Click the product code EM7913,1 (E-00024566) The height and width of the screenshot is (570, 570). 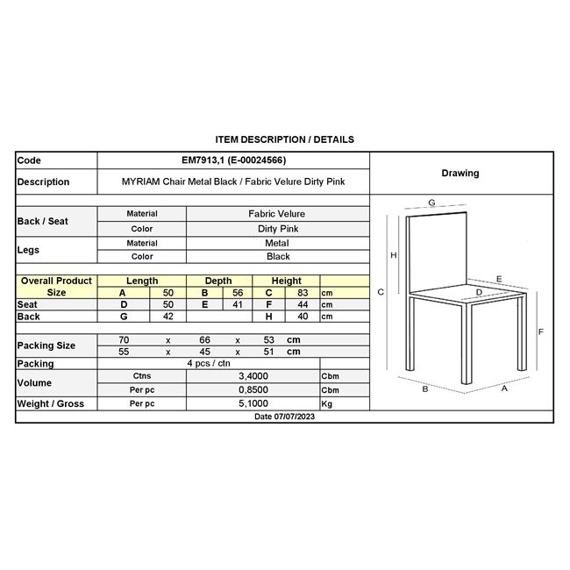pyautogui.click(x=232, y=160)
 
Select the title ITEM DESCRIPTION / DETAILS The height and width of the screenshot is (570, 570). pyautogui.click(x=285, y=139)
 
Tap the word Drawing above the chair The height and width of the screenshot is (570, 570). pyautogui.click(x=460, y=173)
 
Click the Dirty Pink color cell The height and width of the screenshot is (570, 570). pyautogui.click(x=277, y=228)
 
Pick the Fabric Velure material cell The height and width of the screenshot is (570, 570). pyautogui.click(x=277, y=214)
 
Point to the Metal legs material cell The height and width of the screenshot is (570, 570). pyautogui.click(x=277, y=243)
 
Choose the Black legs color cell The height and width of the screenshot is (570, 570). pyautogui.click(x=277, y=257)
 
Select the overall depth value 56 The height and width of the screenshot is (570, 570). pyautogui.click(x=237, y=293)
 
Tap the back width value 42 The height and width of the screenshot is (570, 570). pyautogui.click(x=168, y=317)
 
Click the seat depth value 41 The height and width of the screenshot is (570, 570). pyautogui.click(x=237, y=304)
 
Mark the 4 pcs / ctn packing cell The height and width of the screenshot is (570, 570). pyautogui.click(x=209, y=363)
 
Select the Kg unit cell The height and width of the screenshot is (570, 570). pyautogui.click(x=328, y=403)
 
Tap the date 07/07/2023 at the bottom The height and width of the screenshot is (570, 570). pyautogui.click(x=284, y=417)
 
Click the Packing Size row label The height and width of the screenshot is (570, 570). pyautogui.click(x=46, y=346)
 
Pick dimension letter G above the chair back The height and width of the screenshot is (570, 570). pyautogui.click(x=432, y=203)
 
